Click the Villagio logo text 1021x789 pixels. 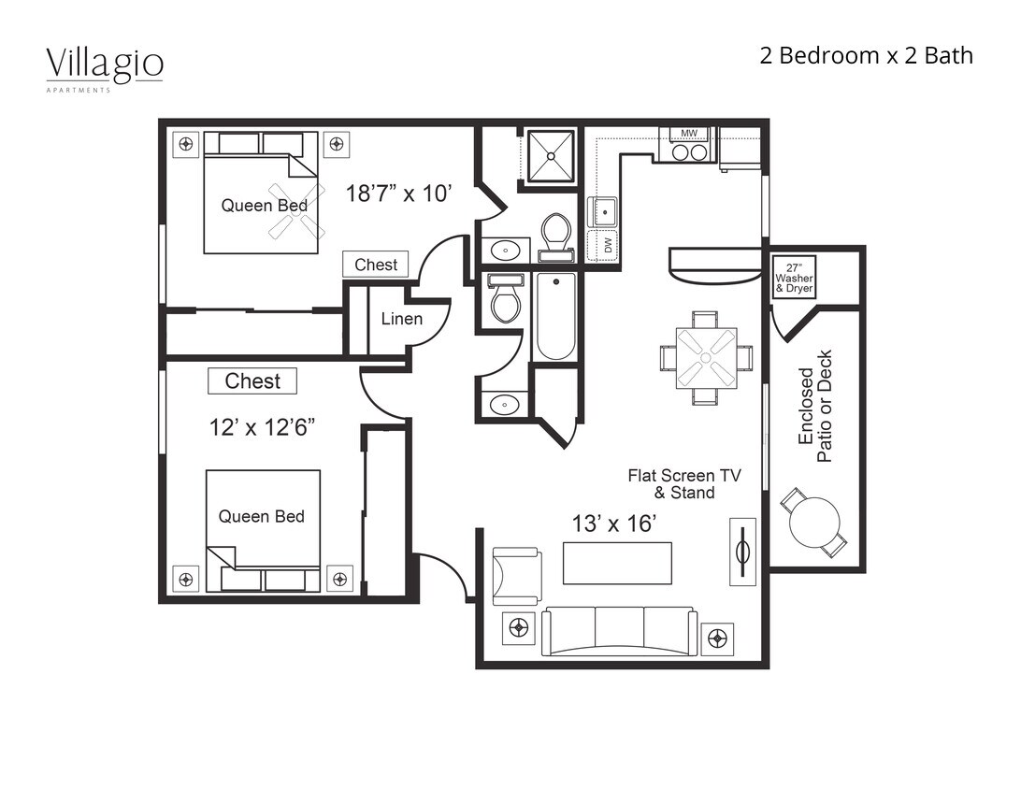(105, 65)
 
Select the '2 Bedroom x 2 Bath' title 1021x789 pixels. (866, 56)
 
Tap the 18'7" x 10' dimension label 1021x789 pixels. (399, 194)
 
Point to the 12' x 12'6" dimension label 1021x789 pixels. (262, 427)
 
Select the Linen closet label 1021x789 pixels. (402, 319)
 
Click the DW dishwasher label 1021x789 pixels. (607, 245)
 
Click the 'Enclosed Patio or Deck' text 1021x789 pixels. (814, 406)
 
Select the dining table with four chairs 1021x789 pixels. (706, 358)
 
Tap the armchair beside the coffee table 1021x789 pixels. (516, 576)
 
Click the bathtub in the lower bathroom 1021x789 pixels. (555, 317)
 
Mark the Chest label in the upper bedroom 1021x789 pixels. (375, 265)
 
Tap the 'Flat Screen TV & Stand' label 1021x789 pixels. (683, 483)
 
